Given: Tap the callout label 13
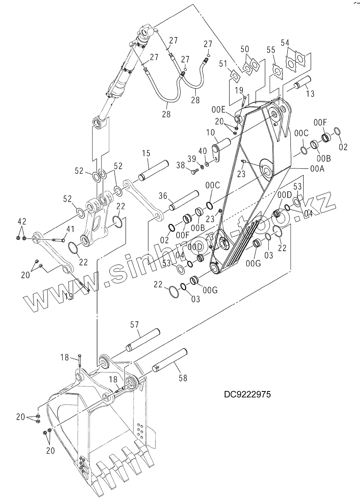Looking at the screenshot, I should (x=310, y=93).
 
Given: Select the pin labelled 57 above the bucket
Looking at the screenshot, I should (x=143, y=339).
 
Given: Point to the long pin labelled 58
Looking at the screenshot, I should (x=171, y=359).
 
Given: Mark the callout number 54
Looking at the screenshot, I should (x=286, y=43).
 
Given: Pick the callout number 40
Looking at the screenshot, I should (x=203, y=151).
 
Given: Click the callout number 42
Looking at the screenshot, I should (x=22, y=220).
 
